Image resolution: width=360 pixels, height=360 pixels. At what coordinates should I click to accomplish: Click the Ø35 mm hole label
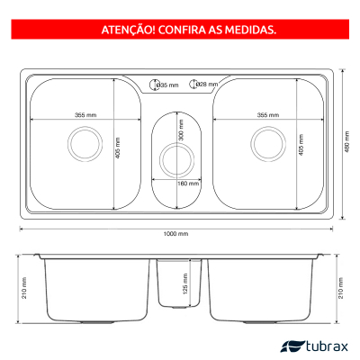[168, 85]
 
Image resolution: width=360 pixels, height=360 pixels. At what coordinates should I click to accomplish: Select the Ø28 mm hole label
[207, 85]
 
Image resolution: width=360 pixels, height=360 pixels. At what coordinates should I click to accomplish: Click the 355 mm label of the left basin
[85, 115]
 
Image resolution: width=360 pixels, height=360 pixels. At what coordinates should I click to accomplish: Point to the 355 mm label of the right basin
[268, 115]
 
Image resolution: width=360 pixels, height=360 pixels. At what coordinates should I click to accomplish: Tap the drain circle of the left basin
[85, 144]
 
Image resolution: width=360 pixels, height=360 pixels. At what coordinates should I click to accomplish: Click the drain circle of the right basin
[268, 144]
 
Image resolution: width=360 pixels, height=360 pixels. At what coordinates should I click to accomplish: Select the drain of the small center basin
[176, 159]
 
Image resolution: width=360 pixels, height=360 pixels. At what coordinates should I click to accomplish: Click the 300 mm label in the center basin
[181, 130]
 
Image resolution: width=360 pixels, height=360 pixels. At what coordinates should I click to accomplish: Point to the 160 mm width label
[188, 184]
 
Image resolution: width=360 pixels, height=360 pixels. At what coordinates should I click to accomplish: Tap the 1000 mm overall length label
[175, 234]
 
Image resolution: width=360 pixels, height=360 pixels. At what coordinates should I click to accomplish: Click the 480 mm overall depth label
[347, 141]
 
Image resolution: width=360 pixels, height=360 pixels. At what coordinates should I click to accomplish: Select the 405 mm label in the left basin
[118, 148]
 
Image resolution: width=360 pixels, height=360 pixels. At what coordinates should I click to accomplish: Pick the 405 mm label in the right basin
[301, 145]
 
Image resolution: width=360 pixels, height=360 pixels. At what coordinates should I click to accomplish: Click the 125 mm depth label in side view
[185, 283]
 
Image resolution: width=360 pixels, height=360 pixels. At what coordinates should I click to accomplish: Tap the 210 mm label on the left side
[24, 288]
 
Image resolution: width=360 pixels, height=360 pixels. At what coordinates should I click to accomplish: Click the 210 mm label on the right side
[341, 288]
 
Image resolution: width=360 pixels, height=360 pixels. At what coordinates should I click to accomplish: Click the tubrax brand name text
[327, 346]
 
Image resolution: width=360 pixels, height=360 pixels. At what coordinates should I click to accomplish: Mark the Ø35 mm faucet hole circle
[154, 85]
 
